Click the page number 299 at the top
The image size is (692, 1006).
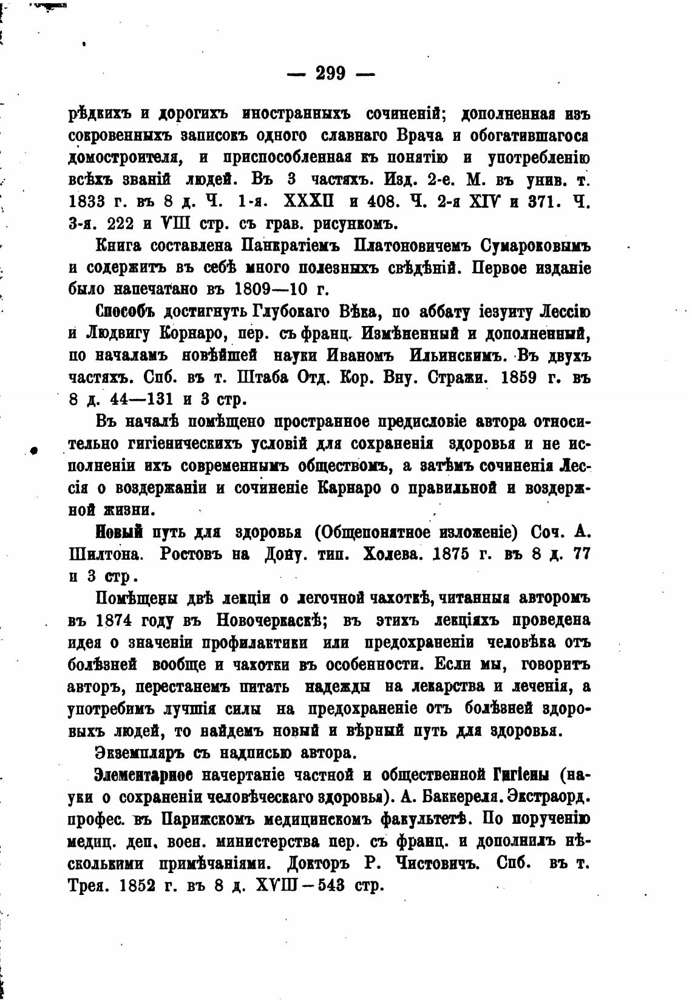click(331, 74)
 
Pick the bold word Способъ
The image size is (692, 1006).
click(126, 312)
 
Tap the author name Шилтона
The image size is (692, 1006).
click(106, 556)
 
